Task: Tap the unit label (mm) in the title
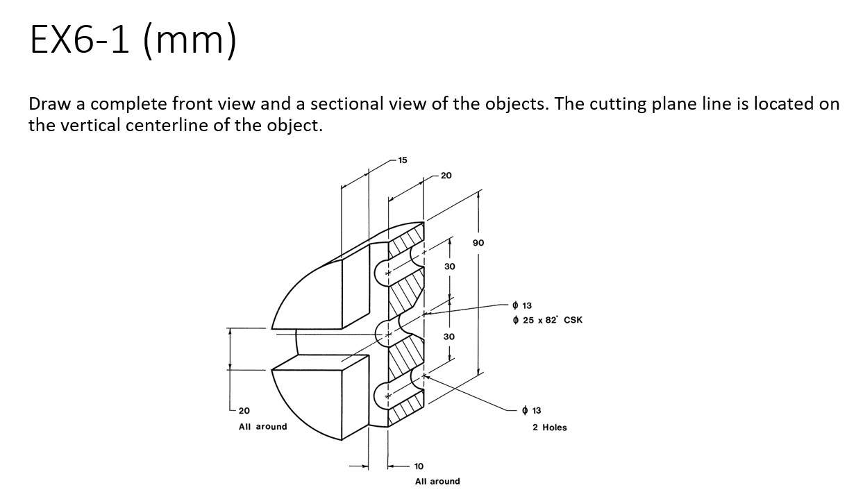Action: [190, 40]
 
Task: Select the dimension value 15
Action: [403, 160]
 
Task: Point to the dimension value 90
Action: [478, 243]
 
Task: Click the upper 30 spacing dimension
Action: [449, 267]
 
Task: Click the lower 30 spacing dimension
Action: [449, 336]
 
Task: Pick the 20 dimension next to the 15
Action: [446, 176]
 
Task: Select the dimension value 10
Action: [419, 466]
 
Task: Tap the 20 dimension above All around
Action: [245, 411]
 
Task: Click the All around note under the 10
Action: [437, 481]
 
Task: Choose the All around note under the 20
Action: [262, 426]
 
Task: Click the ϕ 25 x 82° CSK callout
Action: [547, 320]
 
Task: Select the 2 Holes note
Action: [549, 428]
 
